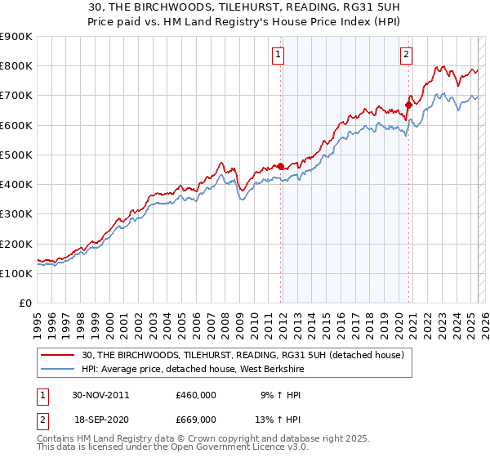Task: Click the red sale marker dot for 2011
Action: pos(281,167)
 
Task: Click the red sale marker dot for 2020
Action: pos(408,105)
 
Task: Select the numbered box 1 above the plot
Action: pos(278,55)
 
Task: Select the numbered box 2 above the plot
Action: pos(406,55)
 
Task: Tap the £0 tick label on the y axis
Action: pos(24,303)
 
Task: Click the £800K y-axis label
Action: pos(16,65)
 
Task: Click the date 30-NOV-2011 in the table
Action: pos(100,394)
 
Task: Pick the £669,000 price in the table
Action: pos(196,419)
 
